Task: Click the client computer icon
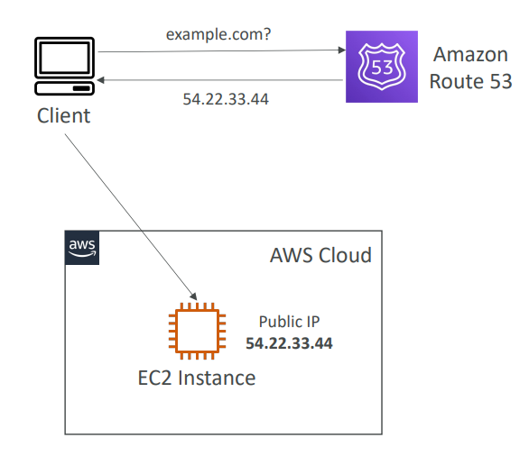pos(64,66)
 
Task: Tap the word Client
pos(63,116)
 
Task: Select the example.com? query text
pos(218,34)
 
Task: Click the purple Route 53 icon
pos(382,67)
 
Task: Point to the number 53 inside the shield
pos(382,68)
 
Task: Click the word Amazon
pos(470,55)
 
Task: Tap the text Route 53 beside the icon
pos(470,81)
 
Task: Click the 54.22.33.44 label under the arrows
pos(226,99)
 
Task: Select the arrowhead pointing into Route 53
pos(342,50)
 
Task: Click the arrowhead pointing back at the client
pos(100,80)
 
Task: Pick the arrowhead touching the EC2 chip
pos(194,296)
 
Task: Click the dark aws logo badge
pos(82,248)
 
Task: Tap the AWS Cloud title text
pos(320,255)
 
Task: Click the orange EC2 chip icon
pos(198,331)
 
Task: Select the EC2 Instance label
pos(197,378)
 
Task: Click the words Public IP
pos(289,322)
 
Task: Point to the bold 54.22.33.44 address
pos(289,343)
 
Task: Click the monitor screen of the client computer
pos(64,58)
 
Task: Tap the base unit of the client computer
pos(64,88)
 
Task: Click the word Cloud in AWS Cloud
pos(345,255)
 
